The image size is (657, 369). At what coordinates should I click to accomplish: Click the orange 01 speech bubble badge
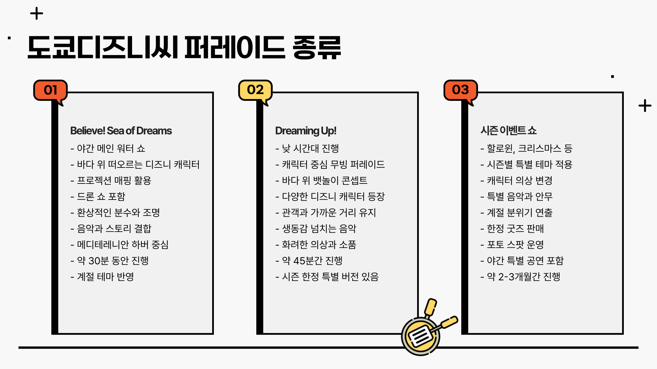pos(50,90)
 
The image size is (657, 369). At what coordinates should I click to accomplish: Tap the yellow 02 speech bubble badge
pos(255,90)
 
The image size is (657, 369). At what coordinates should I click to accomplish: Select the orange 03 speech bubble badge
pos(460,90)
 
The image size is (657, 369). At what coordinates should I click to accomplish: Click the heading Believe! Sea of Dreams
pos(121,131)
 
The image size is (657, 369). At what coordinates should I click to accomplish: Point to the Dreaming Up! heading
pos(306,131)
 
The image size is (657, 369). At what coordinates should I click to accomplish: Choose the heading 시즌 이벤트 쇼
pos(508,131)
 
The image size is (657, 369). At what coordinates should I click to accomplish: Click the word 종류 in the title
pos(317,48)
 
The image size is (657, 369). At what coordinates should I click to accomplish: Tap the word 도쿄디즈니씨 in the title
pos(103,48)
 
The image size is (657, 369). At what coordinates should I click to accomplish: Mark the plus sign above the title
pos(37,14)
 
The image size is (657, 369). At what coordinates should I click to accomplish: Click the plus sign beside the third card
pos(645,106)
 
